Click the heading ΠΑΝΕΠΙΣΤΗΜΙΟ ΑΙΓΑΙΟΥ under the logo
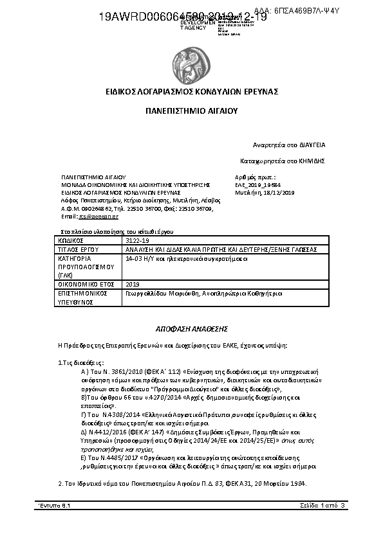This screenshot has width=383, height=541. tap(191, 111)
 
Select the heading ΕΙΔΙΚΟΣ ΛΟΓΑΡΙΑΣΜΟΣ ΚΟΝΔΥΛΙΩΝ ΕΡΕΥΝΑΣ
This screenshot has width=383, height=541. tap(191, 92)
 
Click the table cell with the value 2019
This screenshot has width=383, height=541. tap(133, 283)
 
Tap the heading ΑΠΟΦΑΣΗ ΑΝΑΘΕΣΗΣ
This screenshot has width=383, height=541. tap(191, 326)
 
